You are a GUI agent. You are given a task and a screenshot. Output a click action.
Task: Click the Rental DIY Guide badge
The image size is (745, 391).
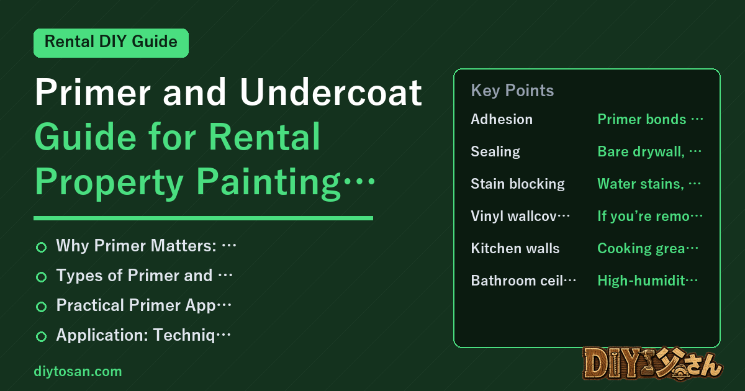pos(111,43)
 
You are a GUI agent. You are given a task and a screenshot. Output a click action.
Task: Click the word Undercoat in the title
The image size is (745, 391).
pos(331,92)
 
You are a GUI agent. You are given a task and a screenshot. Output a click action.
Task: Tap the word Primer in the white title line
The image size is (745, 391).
pos(93,92)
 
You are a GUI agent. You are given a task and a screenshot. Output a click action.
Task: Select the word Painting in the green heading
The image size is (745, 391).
pos(268,182)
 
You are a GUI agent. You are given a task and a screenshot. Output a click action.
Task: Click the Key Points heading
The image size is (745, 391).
pos(512,91)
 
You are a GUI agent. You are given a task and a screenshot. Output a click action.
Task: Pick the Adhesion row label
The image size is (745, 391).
pos(502,119)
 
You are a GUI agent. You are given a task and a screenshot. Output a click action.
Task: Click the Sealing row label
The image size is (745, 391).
pos(495,152)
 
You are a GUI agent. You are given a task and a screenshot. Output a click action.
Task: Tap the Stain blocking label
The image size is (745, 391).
pos(518,184)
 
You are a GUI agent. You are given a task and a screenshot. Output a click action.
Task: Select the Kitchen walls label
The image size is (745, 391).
pos(515,248)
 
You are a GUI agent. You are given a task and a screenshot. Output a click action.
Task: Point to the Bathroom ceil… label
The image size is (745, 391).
pos(523,281)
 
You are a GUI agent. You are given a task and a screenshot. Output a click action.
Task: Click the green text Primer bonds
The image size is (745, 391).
pos(642,119)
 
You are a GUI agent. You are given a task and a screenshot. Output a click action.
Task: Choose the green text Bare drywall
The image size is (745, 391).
pos(641,152)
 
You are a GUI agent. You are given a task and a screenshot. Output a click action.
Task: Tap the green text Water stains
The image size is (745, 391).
pos(641,184)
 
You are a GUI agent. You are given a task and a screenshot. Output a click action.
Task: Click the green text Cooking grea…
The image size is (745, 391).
pos(648,249)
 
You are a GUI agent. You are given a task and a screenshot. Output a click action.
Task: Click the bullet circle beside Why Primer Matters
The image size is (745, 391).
pos(41,247)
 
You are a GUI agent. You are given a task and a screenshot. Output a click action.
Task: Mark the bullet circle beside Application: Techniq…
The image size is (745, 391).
pos(41,336)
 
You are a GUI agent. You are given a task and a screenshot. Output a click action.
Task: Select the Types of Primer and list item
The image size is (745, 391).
pos(144,276)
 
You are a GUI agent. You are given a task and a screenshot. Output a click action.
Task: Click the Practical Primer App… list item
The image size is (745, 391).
pos(143,305)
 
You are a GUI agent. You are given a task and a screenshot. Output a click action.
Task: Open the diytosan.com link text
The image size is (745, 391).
pos(78,372)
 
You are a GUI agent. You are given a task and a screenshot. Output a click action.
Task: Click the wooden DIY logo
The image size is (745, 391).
pos(652,364)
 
